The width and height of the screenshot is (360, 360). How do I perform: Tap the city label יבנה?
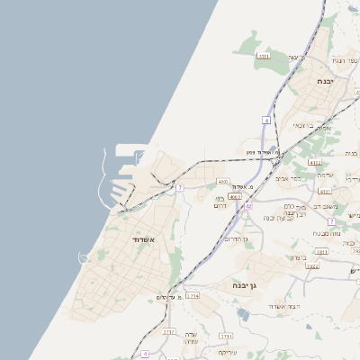coord(326,81)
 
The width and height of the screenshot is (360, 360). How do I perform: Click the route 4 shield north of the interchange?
coord(266,120)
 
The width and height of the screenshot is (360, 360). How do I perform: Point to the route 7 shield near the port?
coord(180,187)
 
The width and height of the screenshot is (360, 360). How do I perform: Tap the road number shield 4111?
coord(263,57)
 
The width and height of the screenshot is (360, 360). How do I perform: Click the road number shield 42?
coord(248,206)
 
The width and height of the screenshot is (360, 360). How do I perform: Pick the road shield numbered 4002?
coord(235,195)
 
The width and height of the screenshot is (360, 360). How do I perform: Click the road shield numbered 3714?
coord(193,295)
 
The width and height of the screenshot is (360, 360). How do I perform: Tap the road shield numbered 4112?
coord(314,163)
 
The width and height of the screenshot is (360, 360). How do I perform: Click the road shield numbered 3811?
coord(322,253)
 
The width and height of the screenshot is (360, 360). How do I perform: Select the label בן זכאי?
coord(316,127)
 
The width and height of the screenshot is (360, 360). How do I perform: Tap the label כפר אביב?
coord(301,177)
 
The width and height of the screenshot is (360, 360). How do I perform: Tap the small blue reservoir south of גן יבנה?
coord(244,314)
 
